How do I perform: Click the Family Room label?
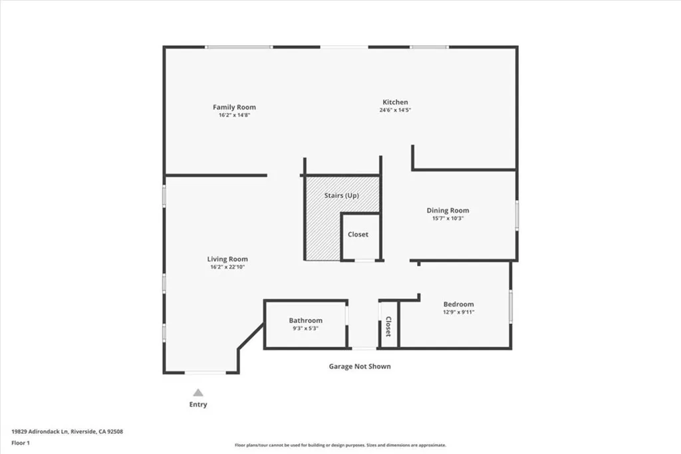[x=234, y=107]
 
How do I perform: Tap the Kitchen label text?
[x=395, y=102]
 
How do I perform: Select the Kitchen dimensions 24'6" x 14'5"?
[x=395, y=110]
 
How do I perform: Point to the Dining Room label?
[x=448, y=211]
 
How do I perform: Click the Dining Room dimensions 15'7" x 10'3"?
[x=448, y=219]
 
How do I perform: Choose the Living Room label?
[x=227, y=259]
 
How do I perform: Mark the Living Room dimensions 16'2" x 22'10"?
[x=227, y=267]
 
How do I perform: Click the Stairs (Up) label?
[x=341, y=196]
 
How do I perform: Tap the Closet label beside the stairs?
[x=358, y=235]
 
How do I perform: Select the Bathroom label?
[x=305, y=320]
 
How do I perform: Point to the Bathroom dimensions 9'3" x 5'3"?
[x=305, y=328]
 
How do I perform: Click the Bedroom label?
[x=458, y=304]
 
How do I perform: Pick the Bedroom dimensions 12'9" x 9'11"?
[x=458, y=312]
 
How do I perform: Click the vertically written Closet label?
[x=388, y=326]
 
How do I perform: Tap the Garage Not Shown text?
[x=360, y=366]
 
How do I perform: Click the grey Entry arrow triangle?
[x=198, y=393]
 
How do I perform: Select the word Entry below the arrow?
[x=198, y=405]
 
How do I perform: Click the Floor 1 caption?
[x=21, y=443]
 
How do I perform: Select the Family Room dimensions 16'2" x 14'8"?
[x=234, y=115]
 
